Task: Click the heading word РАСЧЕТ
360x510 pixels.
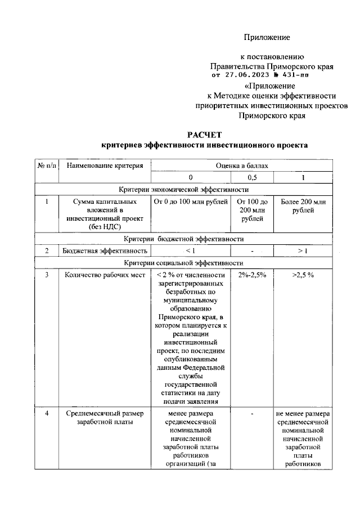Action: coord(205,134)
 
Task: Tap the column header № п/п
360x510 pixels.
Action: coord(47,165)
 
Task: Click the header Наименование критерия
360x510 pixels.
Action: coord(105,165)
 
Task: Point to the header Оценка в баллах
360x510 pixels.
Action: coord(242,165)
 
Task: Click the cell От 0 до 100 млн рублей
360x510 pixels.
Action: coord(190,202)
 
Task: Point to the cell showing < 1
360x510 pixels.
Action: coord(190,250)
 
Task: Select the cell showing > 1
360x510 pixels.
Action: coord(303,250)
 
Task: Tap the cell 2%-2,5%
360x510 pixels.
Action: coord(252,275)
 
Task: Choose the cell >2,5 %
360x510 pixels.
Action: coord(303,275)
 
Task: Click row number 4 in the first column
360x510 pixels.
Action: coord(47,414)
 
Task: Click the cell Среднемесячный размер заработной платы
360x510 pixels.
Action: coord(105,418)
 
